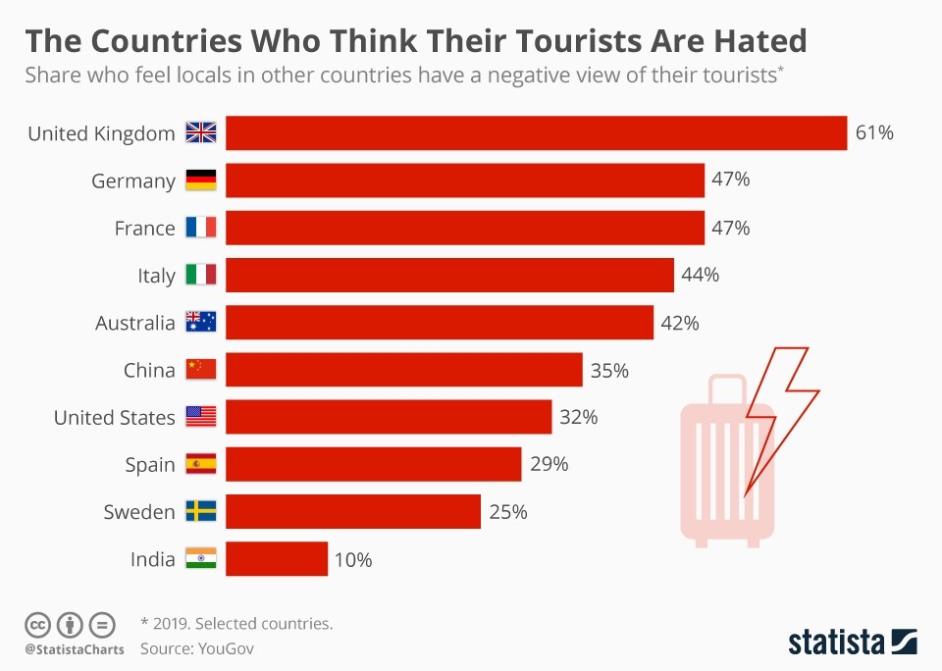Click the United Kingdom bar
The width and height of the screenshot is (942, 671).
536,133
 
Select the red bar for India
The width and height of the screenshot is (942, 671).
277,559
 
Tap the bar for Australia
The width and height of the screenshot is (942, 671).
440,323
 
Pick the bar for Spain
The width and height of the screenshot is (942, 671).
373,464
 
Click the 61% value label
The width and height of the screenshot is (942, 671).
874,133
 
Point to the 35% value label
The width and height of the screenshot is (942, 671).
609,371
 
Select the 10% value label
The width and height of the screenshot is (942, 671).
352,560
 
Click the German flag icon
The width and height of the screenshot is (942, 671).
201,181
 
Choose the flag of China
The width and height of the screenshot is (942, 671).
201,370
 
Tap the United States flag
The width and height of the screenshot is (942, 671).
201,417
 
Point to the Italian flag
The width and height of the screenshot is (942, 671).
201,276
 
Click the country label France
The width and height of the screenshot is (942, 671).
144,229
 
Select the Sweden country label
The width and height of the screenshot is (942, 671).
138,512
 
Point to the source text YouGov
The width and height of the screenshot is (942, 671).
226,647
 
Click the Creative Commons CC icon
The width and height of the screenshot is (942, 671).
37,624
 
